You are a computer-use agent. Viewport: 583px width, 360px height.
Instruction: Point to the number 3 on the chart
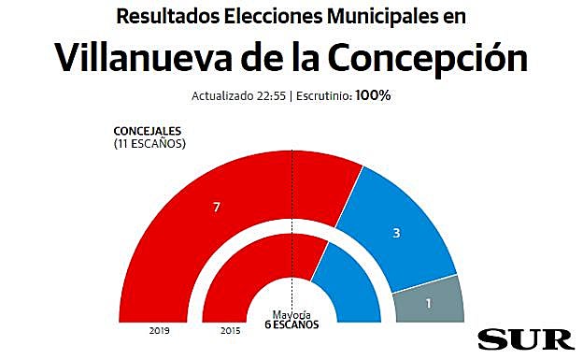click(x=397, y=233)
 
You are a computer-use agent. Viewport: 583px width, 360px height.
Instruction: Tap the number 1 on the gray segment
click(x=429, y=303)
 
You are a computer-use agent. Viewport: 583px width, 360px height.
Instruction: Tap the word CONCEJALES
click(x=147, y=131)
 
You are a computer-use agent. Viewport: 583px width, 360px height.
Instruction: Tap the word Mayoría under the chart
click(x=291, y=314)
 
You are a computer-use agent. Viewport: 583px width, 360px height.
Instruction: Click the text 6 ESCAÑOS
click(x=291, y=324)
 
